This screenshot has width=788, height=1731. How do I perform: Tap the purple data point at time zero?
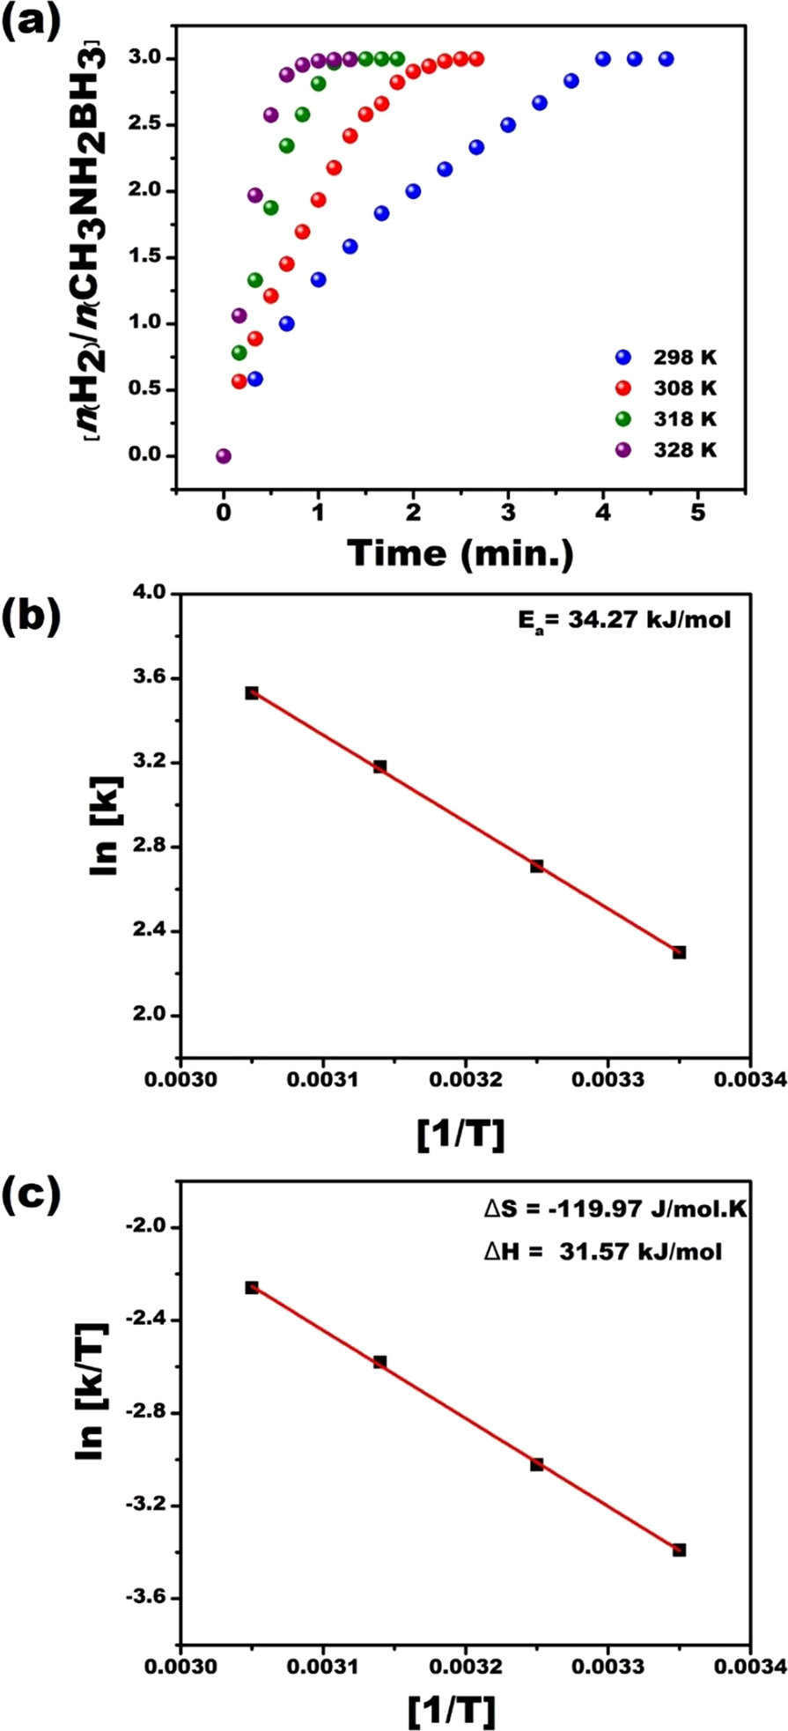(224, 456)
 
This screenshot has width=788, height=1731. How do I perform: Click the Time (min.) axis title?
(460, 552)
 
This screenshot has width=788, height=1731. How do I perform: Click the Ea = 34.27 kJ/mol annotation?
(623, 620)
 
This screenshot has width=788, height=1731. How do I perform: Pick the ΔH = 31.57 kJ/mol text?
(603, 1251)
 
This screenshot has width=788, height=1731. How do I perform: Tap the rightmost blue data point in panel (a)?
(666, 59)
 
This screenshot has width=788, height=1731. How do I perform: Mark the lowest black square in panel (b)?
(679, 952)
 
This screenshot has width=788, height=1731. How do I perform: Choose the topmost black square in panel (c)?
(252, 1288)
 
